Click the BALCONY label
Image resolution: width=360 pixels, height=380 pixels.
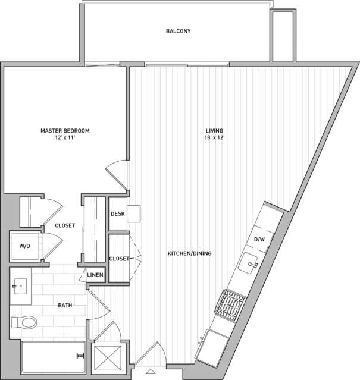click(x=178, y=31)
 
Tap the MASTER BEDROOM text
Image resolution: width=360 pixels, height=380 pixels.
click(x=65, y=131)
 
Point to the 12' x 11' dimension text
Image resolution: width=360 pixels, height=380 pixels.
click(x=65, y=138)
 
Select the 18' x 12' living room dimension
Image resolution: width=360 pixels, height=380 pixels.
click(x=214, y=138)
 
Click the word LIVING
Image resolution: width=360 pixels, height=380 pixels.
click(x=214, y=131)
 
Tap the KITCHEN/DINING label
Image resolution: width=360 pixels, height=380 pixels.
click(x=190, y=253)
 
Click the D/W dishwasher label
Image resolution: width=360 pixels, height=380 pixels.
click(x=259, y=240)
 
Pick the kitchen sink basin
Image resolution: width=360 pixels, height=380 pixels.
click(x=248, y=263)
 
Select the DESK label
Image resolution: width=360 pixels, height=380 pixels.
click(x=118, y=213)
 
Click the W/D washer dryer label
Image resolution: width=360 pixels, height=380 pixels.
click(x=25, y=246)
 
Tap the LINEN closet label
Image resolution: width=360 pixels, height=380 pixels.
click(x=95, y=275)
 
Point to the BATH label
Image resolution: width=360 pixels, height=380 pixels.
click(x=65, y=305)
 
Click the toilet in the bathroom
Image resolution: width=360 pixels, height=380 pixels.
click(x=24, y=322)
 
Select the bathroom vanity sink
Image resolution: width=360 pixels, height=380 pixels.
click(x=21, y=286)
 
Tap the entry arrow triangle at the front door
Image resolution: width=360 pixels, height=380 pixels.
click(x=151, y=371)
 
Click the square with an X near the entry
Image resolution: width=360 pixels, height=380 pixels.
click(x=107, y=358)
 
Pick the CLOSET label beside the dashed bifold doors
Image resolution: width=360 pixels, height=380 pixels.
click(x=119, y=259)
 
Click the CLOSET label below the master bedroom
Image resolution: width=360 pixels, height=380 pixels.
click(x=65, y=225)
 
